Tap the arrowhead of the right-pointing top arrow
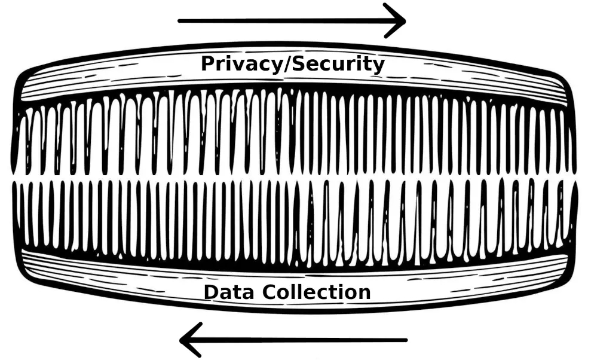click(398, 21)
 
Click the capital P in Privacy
click(207, 63)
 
